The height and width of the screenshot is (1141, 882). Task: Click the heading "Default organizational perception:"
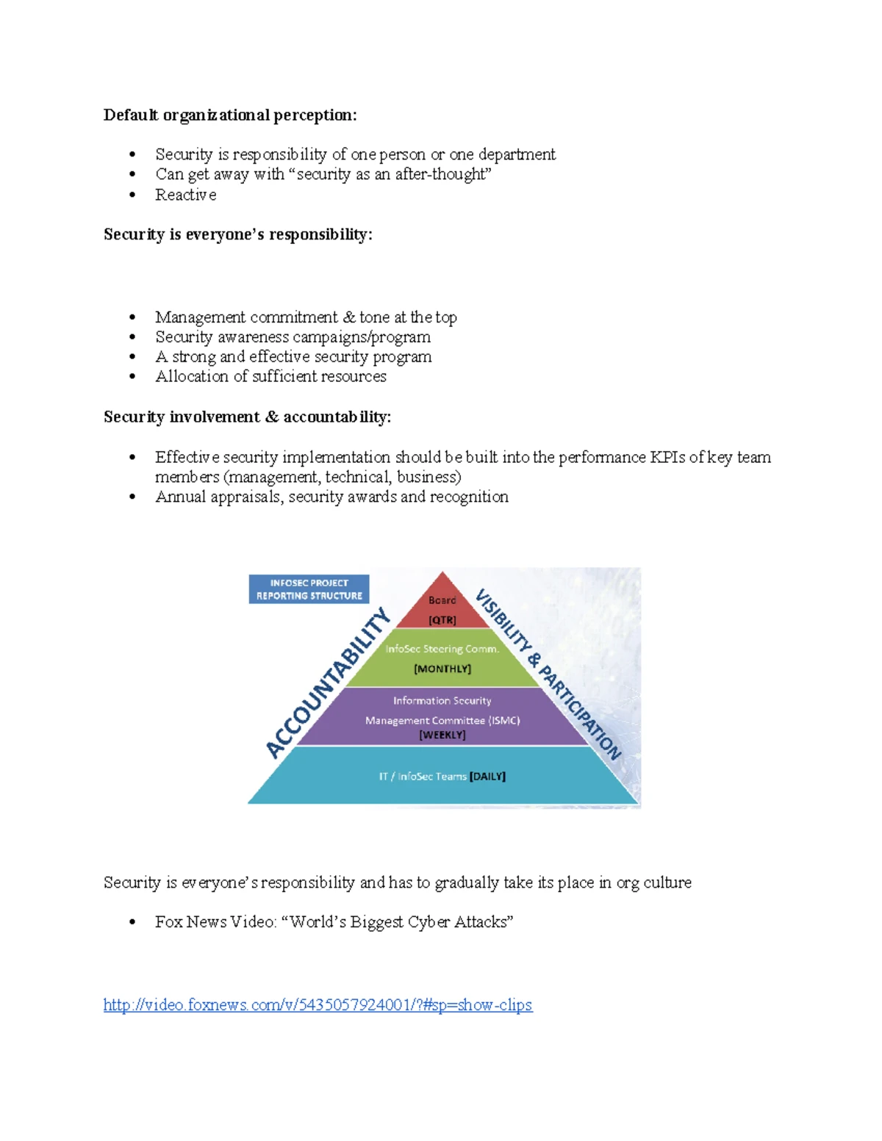[x=230, y=115]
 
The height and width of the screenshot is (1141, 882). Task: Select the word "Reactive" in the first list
[x=185, y=195]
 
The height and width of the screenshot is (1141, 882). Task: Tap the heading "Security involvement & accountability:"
[x=247, y=417]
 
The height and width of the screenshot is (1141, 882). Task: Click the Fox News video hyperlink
[x=318, y=1005]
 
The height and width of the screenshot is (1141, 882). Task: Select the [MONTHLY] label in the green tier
[x=442, y=669]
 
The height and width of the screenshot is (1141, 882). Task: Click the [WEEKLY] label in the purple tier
[x=442, y=735]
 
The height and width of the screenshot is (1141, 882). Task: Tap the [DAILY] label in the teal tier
[x=487, y=777]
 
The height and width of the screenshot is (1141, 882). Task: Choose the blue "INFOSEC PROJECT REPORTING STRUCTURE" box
[x=309, y=589]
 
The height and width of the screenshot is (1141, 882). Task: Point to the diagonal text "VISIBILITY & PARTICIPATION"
[x=548, y=674]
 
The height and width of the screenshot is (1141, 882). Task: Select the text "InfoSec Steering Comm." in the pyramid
[x=442, y=649]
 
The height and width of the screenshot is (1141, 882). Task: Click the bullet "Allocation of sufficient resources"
[x=270, y=376]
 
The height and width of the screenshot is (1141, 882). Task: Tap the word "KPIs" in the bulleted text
[x=667, y=457]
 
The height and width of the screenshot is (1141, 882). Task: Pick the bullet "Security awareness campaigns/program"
[x=293, y=337]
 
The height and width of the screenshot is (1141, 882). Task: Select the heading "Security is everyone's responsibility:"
[x=237, y=234]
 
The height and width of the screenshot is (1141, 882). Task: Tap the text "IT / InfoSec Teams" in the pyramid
[x=423, y=777]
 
